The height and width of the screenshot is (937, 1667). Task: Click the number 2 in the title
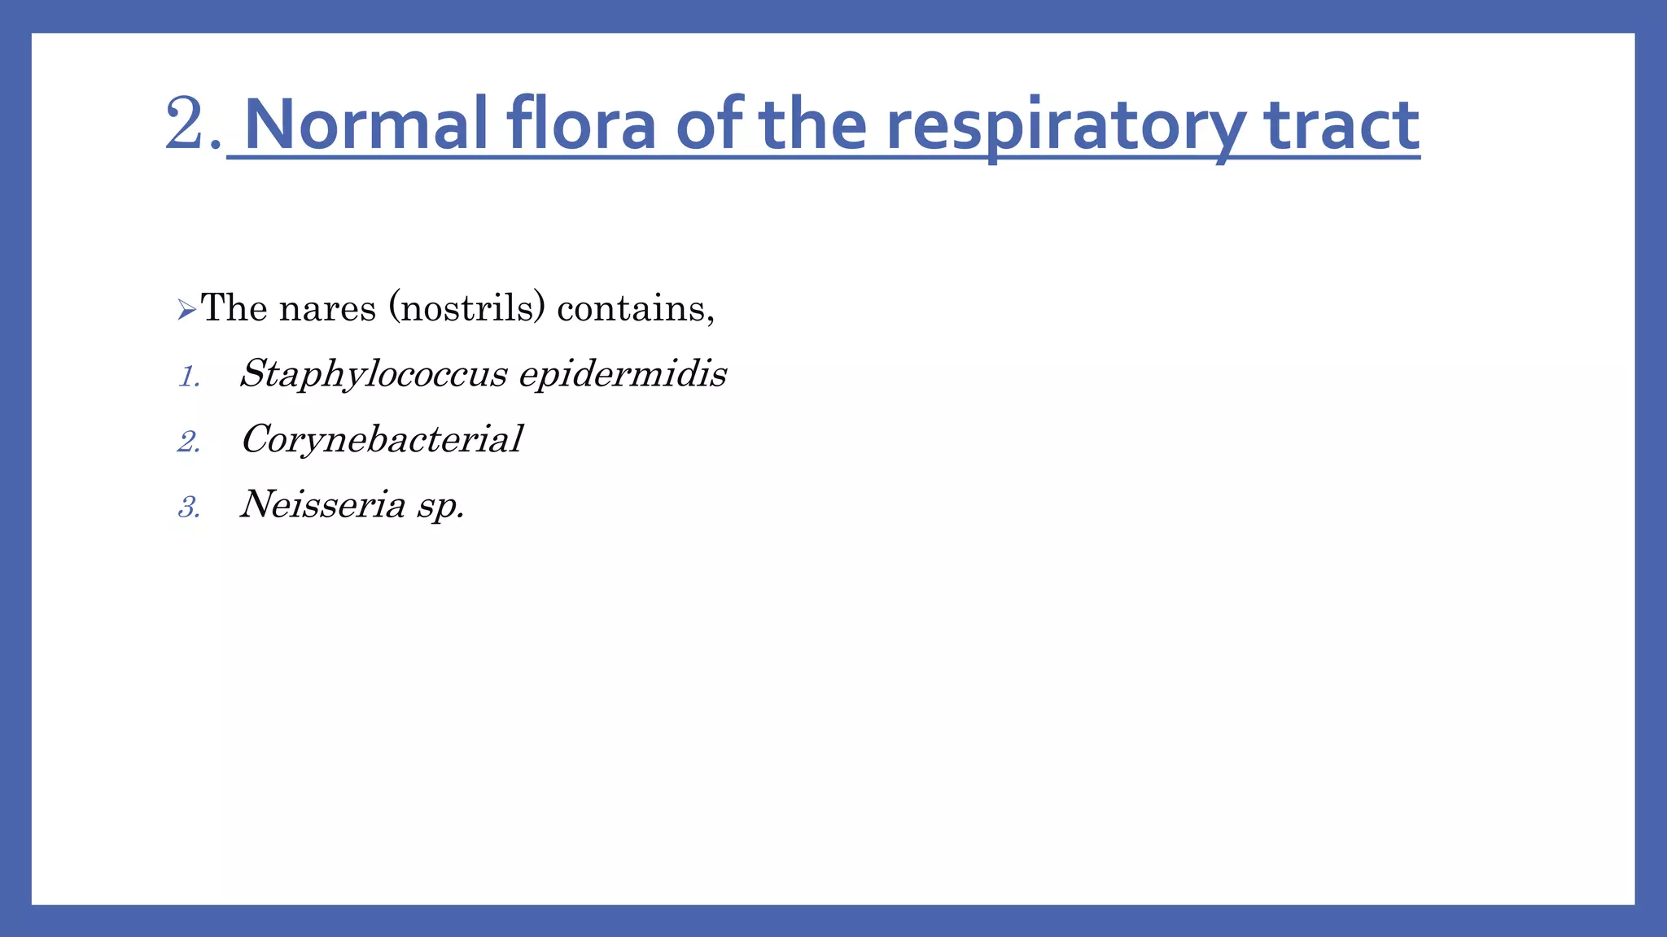coord(185,124)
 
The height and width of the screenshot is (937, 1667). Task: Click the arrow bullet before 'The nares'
coord(186,310)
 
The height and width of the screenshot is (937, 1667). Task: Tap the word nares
coord(327,308)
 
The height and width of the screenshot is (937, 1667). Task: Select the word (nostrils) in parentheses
coord(466,308)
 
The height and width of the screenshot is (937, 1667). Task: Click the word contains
coord(635,308)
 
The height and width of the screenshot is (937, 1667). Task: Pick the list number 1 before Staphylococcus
coord(189,377)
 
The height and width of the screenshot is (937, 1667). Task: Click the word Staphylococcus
coord(374,374)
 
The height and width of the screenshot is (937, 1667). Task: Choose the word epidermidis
coord(623,374)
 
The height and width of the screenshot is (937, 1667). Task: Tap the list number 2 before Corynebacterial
coord(189,442)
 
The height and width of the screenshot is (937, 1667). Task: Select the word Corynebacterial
coord(382,440)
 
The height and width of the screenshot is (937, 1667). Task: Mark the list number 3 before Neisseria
coord(189,508)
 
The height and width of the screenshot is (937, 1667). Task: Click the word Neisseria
coord(323,504)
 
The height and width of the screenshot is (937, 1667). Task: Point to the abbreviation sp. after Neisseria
coord(440,506)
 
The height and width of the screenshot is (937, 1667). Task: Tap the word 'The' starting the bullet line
coord(234,308)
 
